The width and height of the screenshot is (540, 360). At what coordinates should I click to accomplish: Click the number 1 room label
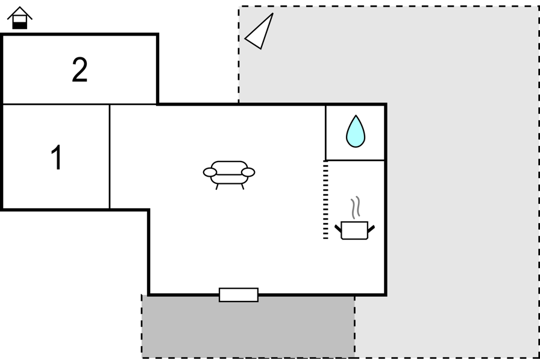point(57,157)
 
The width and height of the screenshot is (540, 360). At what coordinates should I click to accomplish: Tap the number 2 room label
point(80,69)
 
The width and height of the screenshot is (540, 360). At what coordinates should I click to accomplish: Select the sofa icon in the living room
point(229,175)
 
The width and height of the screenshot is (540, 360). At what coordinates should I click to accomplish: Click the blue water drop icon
point(356,131)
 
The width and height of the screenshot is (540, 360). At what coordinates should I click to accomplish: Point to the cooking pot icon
point(355,230)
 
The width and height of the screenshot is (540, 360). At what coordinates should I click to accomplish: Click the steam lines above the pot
point(356,207)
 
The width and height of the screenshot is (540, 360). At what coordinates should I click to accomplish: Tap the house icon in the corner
point(20,18)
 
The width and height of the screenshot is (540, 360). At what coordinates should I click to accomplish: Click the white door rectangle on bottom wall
point(239,295)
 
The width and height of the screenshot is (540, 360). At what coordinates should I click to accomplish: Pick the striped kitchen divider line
point(325,200)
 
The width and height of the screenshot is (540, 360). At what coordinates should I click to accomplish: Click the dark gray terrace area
point(248,327)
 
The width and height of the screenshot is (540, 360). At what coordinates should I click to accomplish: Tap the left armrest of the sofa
point(210,172)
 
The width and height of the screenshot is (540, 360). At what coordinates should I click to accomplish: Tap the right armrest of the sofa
point(248,172)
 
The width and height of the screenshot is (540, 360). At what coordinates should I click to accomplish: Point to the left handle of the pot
point(338,229)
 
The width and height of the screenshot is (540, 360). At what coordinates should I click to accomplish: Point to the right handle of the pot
point(371,229)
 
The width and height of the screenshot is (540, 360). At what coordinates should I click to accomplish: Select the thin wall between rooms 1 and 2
point(80,104)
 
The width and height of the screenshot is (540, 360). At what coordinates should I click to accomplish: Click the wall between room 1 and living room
point(110,157)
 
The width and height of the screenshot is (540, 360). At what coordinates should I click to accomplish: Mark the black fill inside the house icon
point(20,25)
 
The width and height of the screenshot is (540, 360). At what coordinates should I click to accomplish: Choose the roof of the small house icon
point(20,13)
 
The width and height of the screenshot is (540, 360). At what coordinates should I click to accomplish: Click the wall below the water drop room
point(355,160)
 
